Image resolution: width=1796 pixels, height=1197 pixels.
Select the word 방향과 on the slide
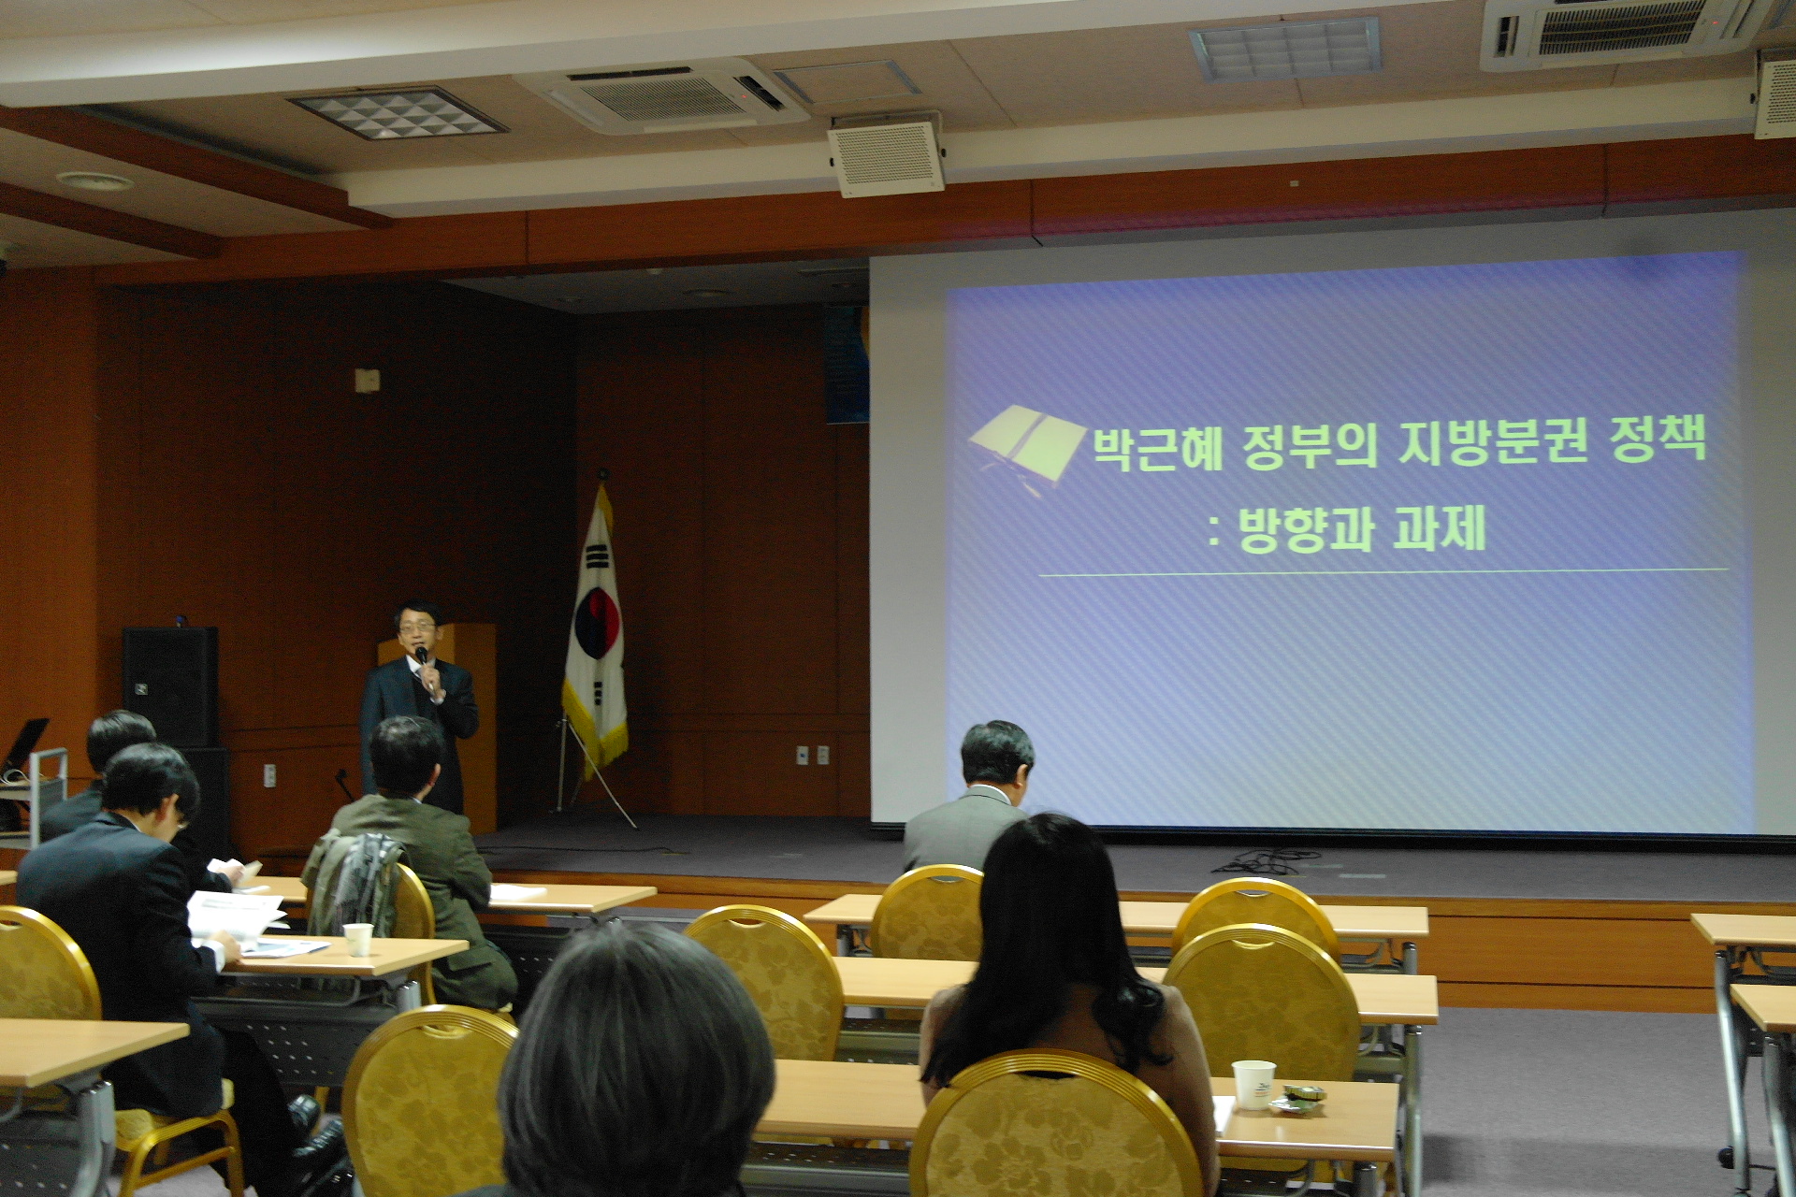pos(1307,530)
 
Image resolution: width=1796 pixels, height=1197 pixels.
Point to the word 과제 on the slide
pos(1440,528)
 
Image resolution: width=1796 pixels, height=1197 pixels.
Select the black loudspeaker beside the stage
pos(170,686)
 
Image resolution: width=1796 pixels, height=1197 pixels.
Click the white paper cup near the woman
pos(1253,1085)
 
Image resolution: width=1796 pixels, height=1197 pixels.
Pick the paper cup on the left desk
pos(358,939)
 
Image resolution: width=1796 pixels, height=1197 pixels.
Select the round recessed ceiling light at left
pos(94,181)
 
